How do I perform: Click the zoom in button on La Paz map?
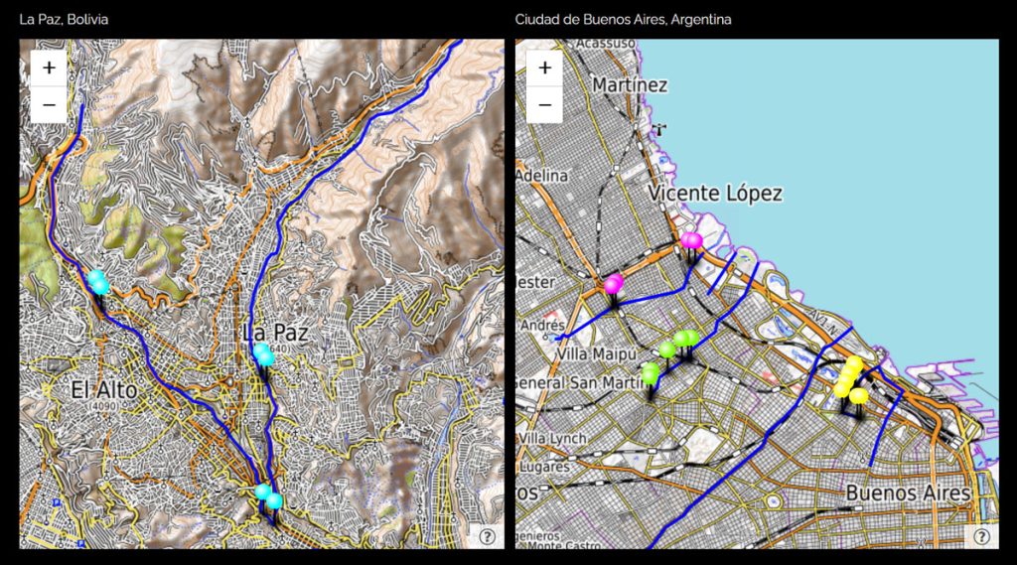point(49,69)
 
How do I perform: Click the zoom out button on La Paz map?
point(49,103)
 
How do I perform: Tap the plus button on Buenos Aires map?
point(544,69)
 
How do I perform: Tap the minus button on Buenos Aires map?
point(544,103)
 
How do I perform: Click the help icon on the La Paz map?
point(488,536)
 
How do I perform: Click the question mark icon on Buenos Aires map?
point(982,536)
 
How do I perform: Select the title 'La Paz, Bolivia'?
point(65,19)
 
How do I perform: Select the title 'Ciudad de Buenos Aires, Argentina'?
point(623,19)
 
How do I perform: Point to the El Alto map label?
point(103,390)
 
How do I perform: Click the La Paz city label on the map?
point(275,334)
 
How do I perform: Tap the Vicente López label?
point(715,194)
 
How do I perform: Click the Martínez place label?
point(630,85)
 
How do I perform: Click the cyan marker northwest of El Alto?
point(97,281)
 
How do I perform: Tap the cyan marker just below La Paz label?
point(263,353)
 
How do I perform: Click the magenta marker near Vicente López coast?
point(691,240)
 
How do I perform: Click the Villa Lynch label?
point(552,438)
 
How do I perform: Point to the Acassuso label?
point(605,43)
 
